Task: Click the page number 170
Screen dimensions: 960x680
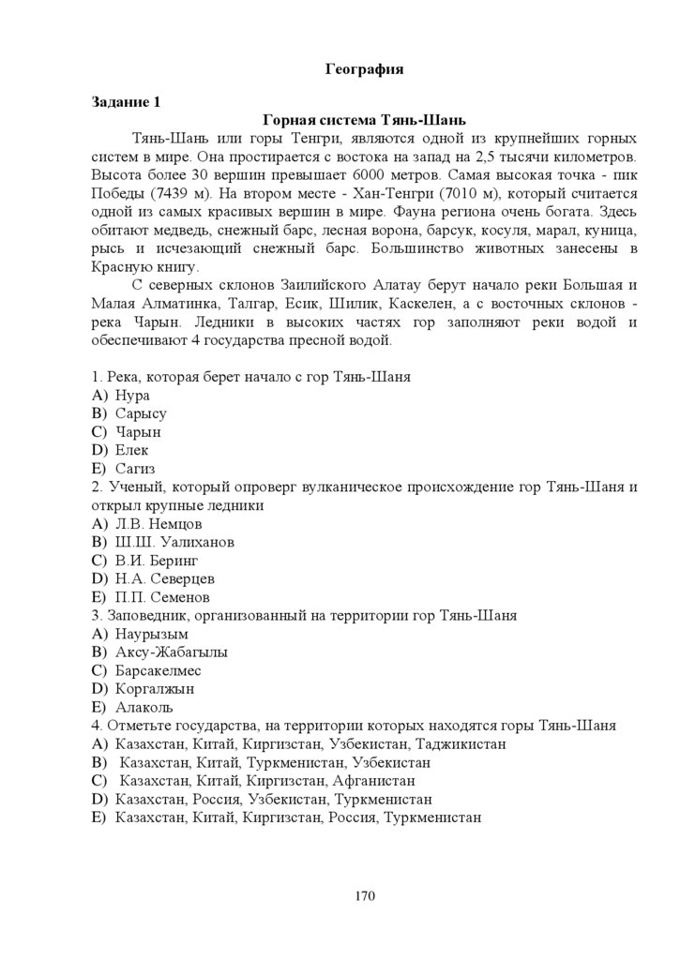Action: click(365, 895)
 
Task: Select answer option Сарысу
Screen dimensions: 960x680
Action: click(141, 413)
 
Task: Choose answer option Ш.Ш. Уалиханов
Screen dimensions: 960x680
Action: click(174, 542)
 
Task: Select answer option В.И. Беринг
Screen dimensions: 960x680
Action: click(157, 561)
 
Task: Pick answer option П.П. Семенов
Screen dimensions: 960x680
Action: click(162, 597)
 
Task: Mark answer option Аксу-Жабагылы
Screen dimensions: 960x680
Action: click(172, 652)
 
